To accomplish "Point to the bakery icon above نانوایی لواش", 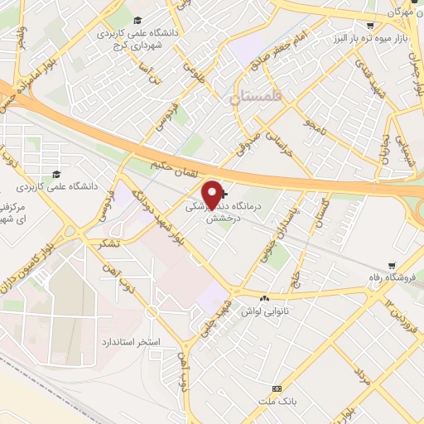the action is point(265,296).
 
